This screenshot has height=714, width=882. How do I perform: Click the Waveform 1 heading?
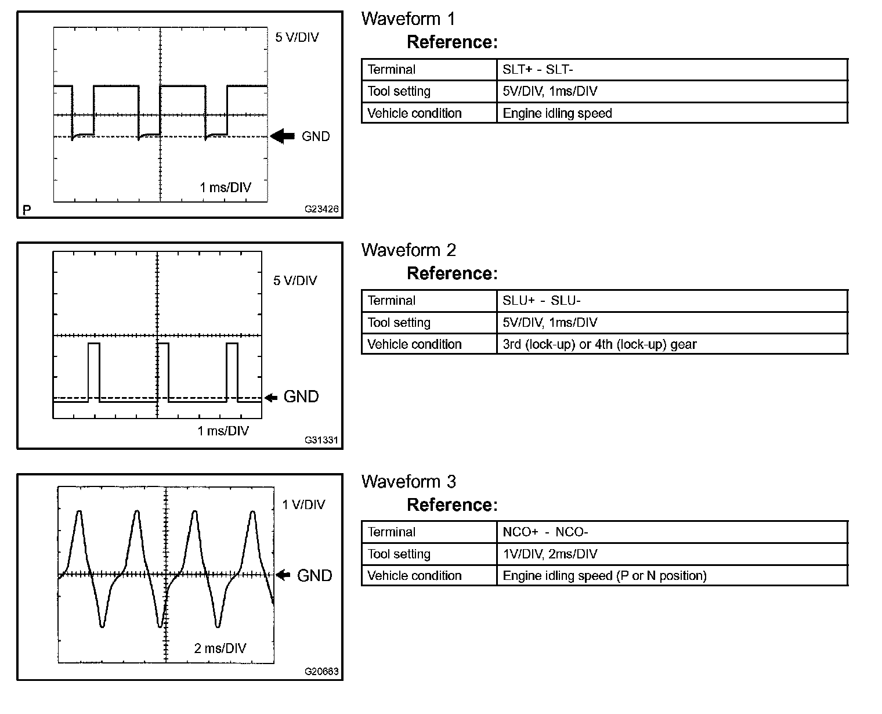(408, 19)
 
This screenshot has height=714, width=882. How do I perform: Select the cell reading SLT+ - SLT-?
(537, 70)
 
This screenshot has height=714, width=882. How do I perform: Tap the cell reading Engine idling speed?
(557, 113)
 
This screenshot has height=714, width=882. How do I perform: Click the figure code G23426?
(322, 210)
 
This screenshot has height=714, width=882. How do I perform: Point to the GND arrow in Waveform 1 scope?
(283, 136)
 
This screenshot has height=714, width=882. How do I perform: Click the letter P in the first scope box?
(26, 210)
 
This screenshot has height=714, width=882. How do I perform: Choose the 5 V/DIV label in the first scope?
(297, 38)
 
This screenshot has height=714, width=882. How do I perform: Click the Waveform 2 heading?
(409, 250)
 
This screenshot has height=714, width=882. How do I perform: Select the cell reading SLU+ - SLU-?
(541, 301)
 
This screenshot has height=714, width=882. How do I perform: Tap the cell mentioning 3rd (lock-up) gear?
(599, 344)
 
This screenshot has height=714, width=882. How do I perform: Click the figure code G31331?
(322, 441)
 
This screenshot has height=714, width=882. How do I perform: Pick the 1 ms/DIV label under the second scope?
(223, 431)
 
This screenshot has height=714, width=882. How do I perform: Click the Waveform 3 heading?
(409, 482)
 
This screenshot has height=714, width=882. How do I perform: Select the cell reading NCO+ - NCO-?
(545, 532)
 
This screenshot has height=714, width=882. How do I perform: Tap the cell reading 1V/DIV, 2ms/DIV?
(550, 554)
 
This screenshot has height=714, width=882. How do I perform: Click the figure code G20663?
(322, 672)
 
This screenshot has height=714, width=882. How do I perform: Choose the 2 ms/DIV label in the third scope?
(220, 648)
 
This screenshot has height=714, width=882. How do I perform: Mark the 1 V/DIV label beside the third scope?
(303, 504)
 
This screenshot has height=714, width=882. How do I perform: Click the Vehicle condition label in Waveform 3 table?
(414, 576)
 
